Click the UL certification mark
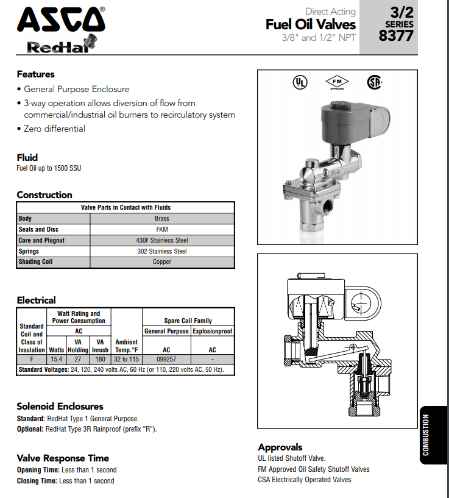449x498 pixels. coord(300,82)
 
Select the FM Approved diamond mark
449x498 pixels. coord(337,82)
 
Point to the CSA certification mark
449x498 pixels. coord(373,82)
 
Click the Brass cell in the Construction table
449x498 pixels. coord(161,218)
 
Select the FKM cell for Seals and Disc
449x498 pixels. coord(161,229)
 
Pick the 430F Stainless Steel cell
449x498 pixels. coord(161,240)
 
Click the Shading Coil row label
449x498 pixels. coord(35,262)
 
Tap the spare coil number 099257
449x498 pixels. coord(166,360)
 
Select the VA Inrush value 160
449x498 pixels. coord(101,360)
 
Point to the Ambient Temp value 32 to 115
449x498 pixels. coord(127,360)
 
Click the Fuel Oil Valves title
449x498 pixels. coord(310,24)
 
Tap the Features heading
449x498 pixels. coord(35,74)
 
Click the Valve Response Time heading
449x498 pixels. coord(63,458)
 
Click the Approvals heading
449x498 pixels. coord(280,447)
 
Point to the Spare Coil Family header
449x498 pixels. coord(188,321)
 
